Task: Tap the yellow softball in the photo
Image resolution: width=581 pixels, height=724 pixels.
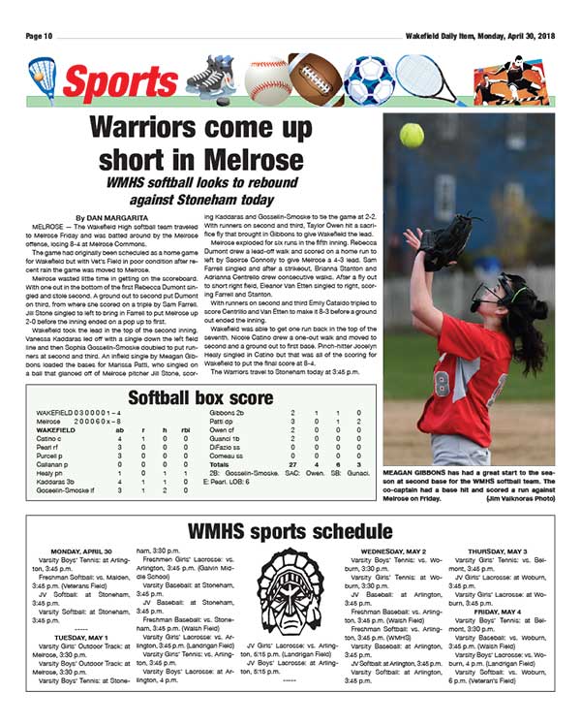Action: pyautogui.click(x=412, y=135)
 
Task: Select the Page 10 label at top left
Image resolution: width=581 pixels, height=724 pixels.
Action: pyautogui.click(x=41, y=36)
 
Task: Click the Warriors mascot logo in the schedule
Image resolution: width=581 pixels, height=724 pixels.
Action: pyautogui.click(x=290, y=591)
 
